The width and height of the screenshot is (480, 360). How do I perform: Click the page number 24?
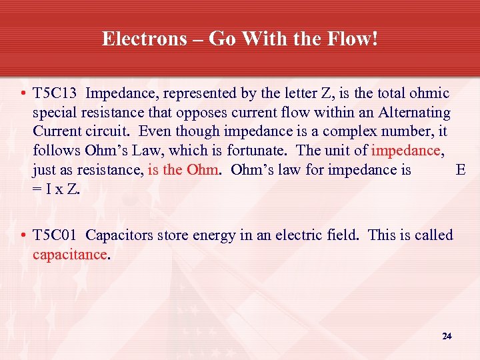coord(447,336)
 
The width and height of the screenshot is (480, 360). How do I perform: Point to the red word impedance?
coord(406,151)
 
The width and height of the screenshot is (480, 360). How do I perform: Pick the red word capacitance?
coord(69,254)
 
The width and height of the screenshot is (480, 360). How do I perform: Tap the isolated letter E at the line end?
coord(460,170)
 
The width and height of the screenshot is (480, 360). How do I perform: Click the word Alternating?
coord(411,113)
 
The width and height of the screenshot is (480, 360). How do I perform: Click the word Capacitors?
coord(119,235)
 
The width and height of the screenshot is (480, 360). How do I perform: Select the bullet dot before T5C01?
coord(23,236)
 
